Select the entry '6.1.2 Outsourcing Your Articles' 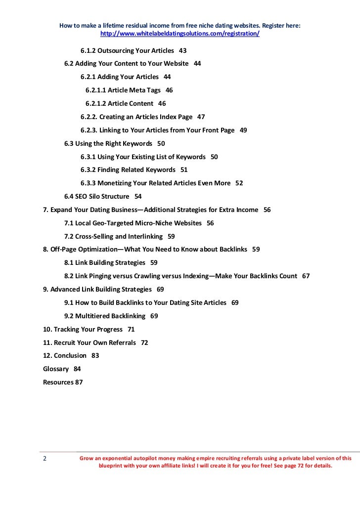127,50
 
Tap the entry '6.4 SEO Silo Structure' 96,196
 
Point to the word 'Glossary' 56,369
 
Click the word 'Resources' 58,382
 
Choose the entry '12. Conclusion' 65,355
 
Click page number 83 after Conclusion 95,355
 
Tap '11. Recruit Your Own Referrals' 90,342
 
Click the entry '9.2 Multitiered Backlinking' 105,316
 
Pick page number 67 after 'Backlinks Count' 306,276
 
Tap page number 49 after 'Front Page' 243,130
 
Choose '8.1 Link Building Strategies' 105,262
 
